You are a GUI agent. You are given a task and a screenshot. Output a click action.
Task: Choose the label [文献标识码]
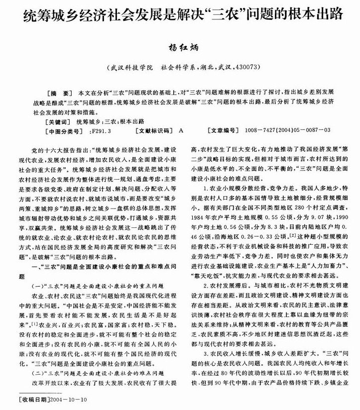click(152, 131)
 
